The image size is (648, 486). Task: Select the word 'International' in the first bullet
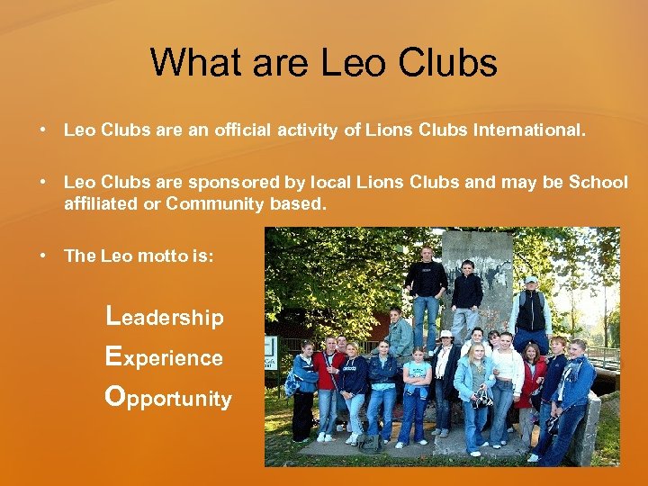point(531,130)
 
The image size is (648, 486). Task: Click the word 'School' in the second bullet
point(598,183)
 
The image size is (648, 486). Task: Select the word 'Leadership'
point(165,317)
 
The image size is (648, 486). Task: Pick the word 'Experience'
point(164,357)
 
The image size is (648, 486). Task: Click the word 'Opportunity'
point(168,398)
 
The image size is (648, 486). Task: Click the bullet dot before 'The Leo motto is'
point(42,256)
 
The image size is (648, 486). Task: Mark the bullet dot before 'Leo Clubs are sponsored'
point(42,183)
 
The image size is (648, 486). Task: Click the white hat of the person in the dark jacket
point(445,335)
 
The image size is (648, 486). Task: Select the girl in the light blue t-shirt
point(417,382)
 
